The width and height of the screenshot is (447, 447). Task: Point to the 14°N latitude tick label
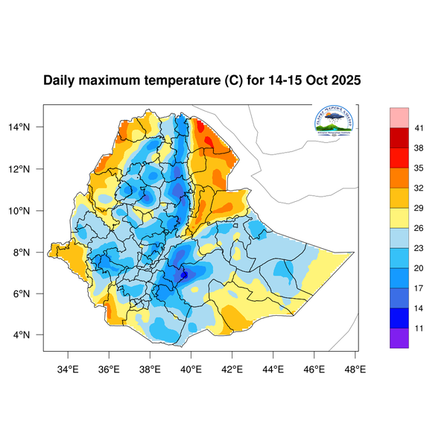[28, 127]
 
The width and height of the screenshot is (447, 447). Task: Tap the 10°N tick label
[28, 211]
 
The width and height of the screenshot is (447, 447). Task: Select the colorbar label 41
[419, 129]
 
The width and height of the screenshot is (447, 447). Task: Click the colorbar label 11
[419, 327]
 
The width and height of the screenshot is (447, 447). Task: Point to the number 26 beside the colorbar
[419, 228]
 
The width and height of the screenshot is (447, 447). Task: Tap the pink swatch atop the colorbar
[400, 117]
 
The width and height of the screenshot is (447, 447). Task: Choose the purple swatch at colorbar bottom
[400, 337]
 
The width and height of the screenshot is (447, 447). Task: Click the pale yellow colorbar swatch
[400, 218]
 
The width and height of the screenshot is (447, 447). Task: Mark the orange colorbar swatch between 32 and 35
[400, 178]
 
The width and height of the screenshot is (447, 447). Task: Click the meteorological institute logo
[334, 121]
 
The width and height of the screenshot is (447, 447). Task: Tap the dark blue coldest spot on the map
[184, 275]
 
